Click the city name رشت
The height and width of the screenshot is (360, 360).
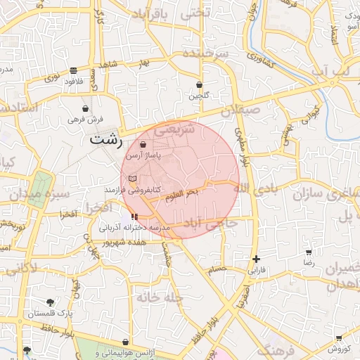click(106, 139)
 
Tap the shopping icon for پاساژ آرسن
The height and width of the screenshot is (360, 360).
click(143, 144)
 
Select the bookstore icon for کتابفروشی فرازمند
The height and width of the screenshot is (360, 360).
click(132, 179)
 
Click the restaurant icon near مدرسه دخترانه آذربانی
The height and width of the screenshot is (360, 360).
click(134, 217)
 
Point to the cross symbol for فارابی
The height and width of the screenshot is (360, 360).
click(257, 259)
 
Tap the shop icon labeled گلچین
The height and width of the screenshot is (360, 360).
click(200, 85)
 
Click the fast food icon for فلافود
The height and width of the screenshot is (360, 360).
click(74, 70)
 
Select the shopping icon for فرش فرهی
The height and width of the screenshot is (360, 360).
click(86, 109)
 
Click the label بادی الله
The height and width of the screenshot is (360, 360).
click(252, 188)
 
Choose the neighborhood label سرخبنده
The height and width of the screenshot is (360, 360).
click(206, 53)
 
